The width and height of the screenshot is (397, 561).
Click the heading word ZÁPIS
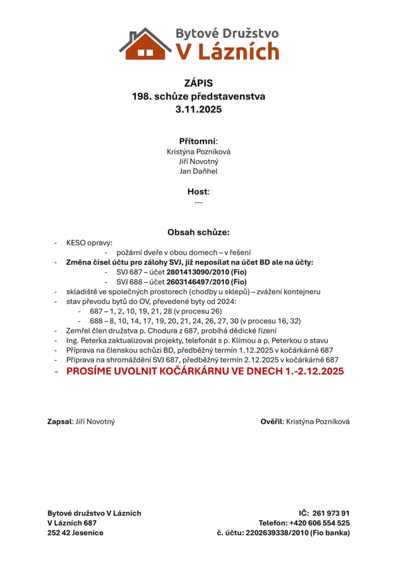(198, 83)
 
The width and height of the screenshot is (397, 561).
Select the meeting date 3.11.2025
(198, 110)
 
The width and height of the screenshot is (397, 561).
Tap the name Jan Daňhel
(198, 171)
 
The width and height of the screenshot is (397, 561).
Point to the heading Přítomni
(198, 141)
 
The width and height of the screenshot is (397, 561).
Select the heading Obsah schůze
(198, 232)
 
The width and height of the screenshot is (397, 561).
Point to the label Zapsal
(60, 421)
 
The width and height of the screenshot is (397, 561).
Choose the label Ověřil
(271, 421)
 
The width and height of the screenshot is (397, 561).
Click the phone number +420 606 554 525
(320, 523)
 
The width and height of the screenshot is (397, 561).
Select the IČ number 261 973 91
(331, 513)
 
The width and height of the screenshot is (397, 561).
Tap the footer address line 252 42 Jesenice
(75, 533)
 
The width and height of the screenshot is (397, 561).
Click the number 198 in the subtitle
(140, 96)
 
